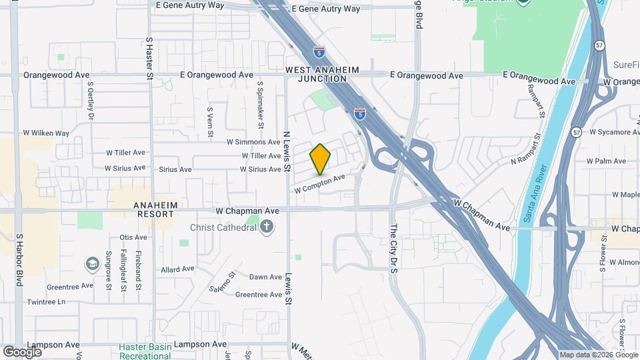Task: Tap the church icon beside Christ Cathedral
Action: [x=267, y=228]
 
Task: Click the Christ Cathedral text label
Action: [x=223, y=228]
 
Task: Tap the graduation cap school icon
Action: [x=92, y=265]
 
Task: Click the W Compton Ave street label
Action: [x=320, y=183]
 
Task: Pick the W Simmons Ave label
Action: [x=253, y=142]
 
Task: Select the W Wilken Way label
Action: [x=46, y=133]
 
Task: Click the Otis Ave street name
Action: [x=133, y=237]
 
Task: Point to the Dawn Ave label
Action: [x=265, y=277]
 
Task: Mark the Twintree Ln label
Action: [x=47, y=302]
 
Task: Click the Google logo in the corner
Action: [x=22, y=351]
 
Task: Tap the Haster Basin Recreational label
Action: [x=144, y=351]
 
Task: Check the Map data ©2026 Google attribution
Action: [x=598, y=355]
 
